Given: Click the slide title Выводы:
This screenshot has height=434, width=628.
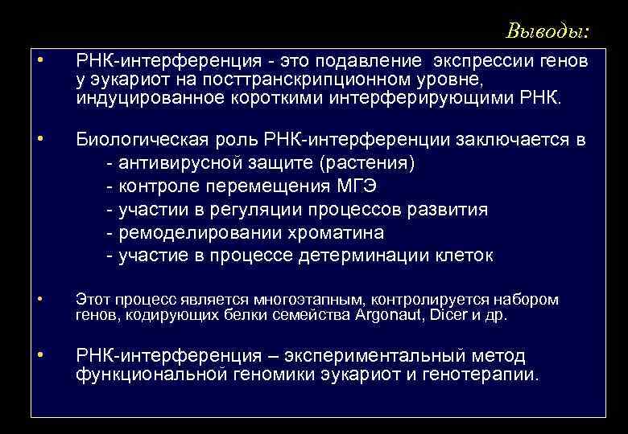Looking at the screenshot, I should pos(547,31).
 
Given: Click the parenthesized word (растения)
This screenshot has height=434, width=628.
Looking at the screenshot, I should pos(367,163).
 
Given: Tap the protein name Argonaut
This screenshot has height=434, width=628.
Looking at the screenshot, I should pos(389,315).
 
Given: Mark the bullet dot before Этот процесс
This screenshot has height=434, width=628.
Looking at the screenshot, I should pos(40,299).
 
